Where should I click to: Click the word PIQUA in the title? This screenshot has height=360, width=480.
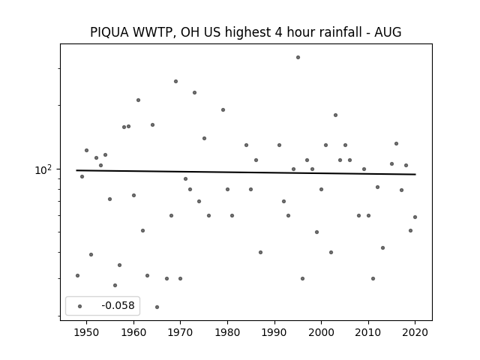pyautogui.click(x=109, y=32)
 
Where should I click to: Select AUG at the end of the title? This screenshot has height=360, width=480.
pyautogui.click(x=388, y=32)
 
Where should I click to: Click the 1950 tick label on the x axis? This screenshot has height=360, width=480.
pyautogui.click(x=87, y=332)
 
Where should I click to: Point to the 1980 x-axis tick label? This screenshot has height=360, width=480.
pyautogui.click(x=227, y=332)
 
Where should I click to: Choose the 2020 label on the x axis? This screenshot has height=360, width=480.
pyautogui.click(x=415, y=332)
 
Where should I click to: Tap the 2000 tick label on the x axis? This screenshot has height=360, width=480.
pyautogui.click(x=321, y=332)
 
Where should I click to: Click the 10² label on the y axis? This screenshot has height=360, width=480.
pyautogui.click(x=43, y=169)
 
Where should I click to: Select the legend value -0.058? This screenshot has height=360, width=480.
pyautogui.click(x=118, y=305)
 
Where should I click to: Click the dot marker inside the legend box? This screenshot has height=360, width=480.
pyautogui.click(x=80, y=306)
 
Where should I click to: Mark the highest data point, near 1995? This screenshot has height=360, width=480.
pyautogui.click(x=298, y=57)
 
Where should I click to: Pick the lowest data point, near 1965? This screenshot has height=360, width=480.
pyautogui.click(x=157, y=307)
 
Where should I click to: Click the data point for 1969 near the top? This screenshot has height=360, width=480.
pyautogui.click(x=175, y=82)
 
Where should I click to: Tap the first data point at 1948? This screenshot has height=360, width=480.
pyautogui.click(x=77, y=275)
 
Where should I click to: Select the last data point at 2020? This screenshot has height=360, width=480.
pyautogui.click(x=415, y=217)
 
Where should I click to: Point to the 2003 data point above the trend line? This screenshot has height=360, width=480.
pyautogui.click(x=335, y=115)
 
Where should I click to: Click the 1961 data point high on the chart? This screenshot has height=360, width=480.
pyautogui.click(x=138, y=100)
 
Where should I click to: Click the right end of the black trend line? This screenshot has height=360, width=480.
pyautogui.click(x=415, y=175)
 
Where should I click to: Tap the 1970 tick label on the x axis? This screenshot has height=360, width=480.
pyautogui.click(x=180, y=332)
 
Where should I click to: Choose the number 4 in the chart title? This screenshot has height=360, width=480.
pyautogui.click(x=278, y=32)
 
